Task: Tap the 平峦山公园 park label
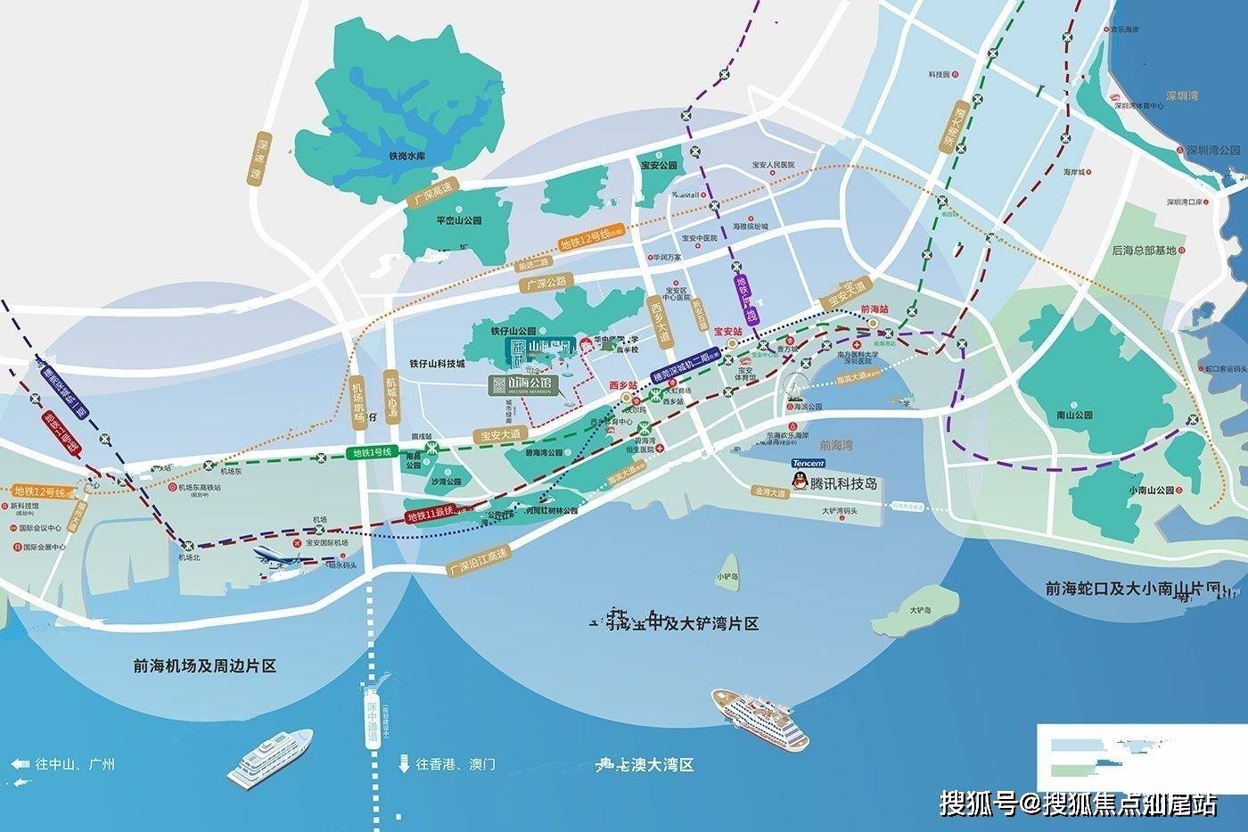coord(458,220)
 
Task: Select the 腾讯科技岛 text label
coord(843,483)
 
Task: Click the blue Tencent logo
coord(809,464)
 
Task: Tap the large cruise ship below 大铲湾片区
coord(759,715)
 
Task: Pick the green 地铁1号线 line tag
coord(373,453)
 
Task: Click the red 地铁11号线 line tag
coord(431,515)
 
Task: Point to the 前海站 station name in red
coord(874,309)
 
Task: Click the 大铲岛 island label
coord(921,611)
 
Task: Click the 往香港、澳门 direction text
coord(456,764)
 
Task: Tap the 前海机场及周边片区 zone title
coord(204,666)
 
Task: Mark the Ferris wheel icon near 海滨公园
coord(796,385)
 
